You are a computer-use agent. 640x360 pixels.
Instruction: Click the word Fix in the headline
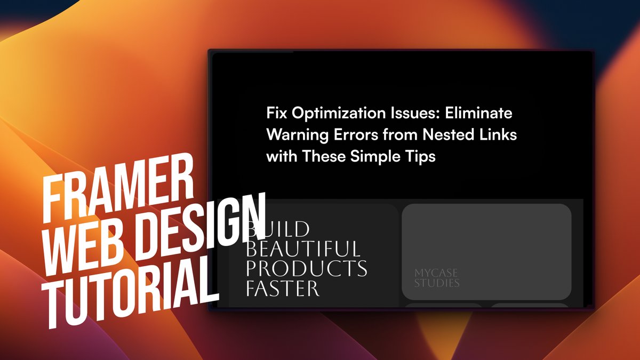point(277,114)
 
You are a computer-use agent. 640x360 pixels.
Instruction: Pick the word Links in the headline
point(499,135)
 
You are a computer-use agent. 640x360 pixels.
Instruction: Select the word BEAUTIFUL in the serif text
point(302,249)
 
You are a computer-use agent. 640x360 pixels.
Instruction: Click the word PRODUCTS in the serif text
point(306,268)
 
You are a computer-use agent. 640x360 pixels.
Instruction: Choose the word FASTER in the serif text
point(282,288)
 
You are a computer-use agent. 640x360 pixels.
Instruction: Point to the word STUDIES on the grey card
point(437,283)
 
